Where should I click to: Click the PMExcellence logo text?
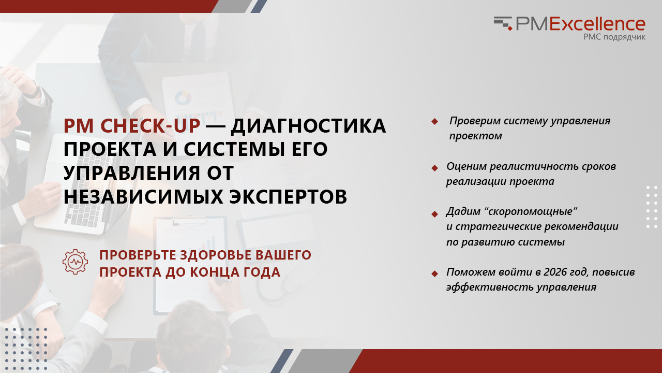point(581,24)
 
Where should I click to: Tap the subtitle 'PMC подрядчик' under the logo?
point(614,37)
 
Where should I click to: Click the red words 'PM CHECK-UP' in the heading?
point(132,126)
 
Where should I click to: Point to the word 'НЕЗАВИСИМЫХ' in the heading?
point(144,196)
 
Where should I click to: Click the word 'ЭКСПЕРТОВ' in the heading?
point(288,196)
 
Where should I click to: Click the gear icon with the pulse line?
point(75,262)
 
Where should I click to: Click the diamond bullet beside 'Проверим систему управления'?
point(434,121)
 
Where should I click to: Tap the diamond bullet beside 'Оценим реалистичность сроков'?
point(434,168)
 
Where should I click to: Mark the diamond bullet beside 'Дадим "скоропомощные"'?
point(434,214)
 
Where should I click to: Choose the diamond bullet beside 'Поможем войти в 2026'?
point(434,274)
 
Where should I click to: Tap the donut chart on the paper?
point(183,98)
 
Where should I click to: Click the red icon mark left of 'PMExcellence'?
point(503,23)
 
